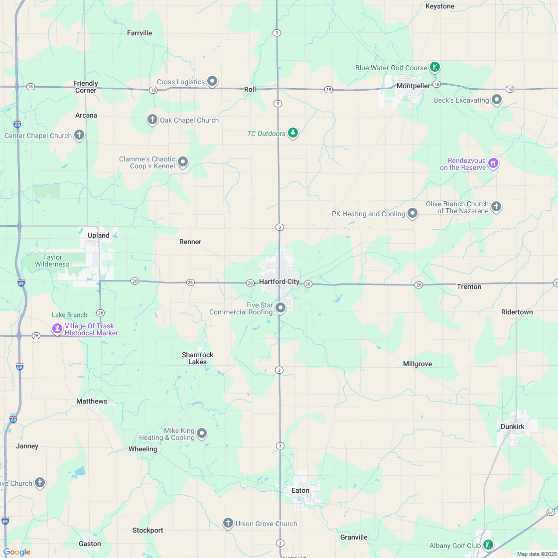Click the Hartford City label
coord(279,281)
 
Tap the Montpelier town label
coord(413,86)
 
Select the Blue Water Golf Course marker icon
coord(435,67)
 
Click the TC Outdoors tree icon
coord(293,133)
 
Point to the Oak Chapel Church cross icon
coord(152,120)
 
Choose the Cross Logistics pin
coord(212,81)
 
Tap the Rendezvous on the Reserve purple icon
coord(493,163)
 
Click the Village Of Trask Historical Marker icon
coord(58,329)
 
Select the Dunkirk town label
coord(512,426)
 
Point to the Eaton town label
coord(300,490)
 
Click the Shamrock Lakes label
coord(197,358)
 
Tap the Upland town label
coord(98,235)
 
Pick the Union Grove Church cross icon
coord(228,523)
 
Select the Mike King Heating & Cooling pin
coord(202,433)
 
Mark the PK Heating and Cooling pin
coord(413,213)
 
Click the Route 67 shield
coord(550,512)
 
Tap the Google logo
coord(17,552)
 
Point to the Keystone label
coord(440,6)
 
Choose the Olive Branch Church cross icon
coord(496,206)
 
